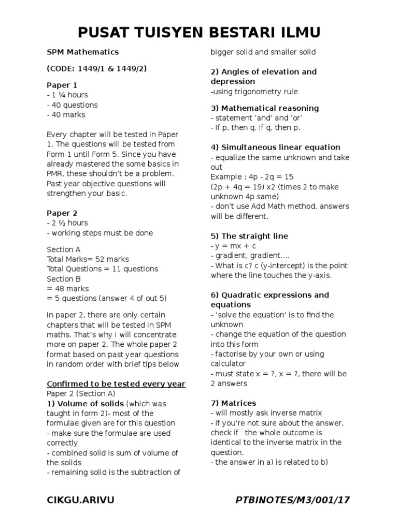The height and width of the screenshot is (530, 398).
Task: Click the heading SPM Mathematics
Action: point(83,52)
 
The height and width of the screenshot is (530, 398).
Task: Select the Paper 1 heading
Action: point(62,85)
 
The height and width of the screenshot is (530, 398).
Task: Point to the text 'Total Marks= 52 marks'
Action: point(88,259)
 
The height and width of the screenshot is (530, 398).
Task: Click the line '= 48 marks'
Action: point(68,288)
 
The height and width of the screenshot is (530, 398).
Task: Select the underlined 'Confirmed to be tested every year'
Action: point(116,384)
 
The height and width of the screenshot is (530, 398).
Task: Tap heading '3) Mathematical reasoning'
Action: point(264,108)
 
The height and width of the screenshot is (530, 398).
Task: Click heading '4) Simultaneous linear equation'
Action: point(275,147)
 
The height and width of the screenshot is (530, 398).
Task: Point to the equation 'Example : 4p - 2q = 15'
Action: point(252,176)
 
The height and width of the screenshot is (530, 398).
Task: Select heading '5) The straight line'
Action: point(249,236)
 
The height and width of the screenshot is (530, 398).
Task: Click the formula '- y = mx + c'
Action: point(233,246)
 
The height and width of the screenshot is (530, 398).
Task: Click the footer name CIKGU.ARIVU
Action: point(80,499)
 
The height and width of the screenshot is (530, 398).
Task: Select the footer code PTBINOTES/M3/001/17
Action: point(293,499)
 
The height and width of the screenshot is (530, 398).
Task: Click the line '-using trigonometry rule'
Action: point(254,92)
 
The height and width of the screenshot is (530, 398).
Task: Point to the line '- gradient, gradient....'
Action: point(246,256)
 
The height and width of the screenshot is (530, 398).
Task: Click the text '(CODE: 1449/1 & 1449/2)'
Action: point(96,68)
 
